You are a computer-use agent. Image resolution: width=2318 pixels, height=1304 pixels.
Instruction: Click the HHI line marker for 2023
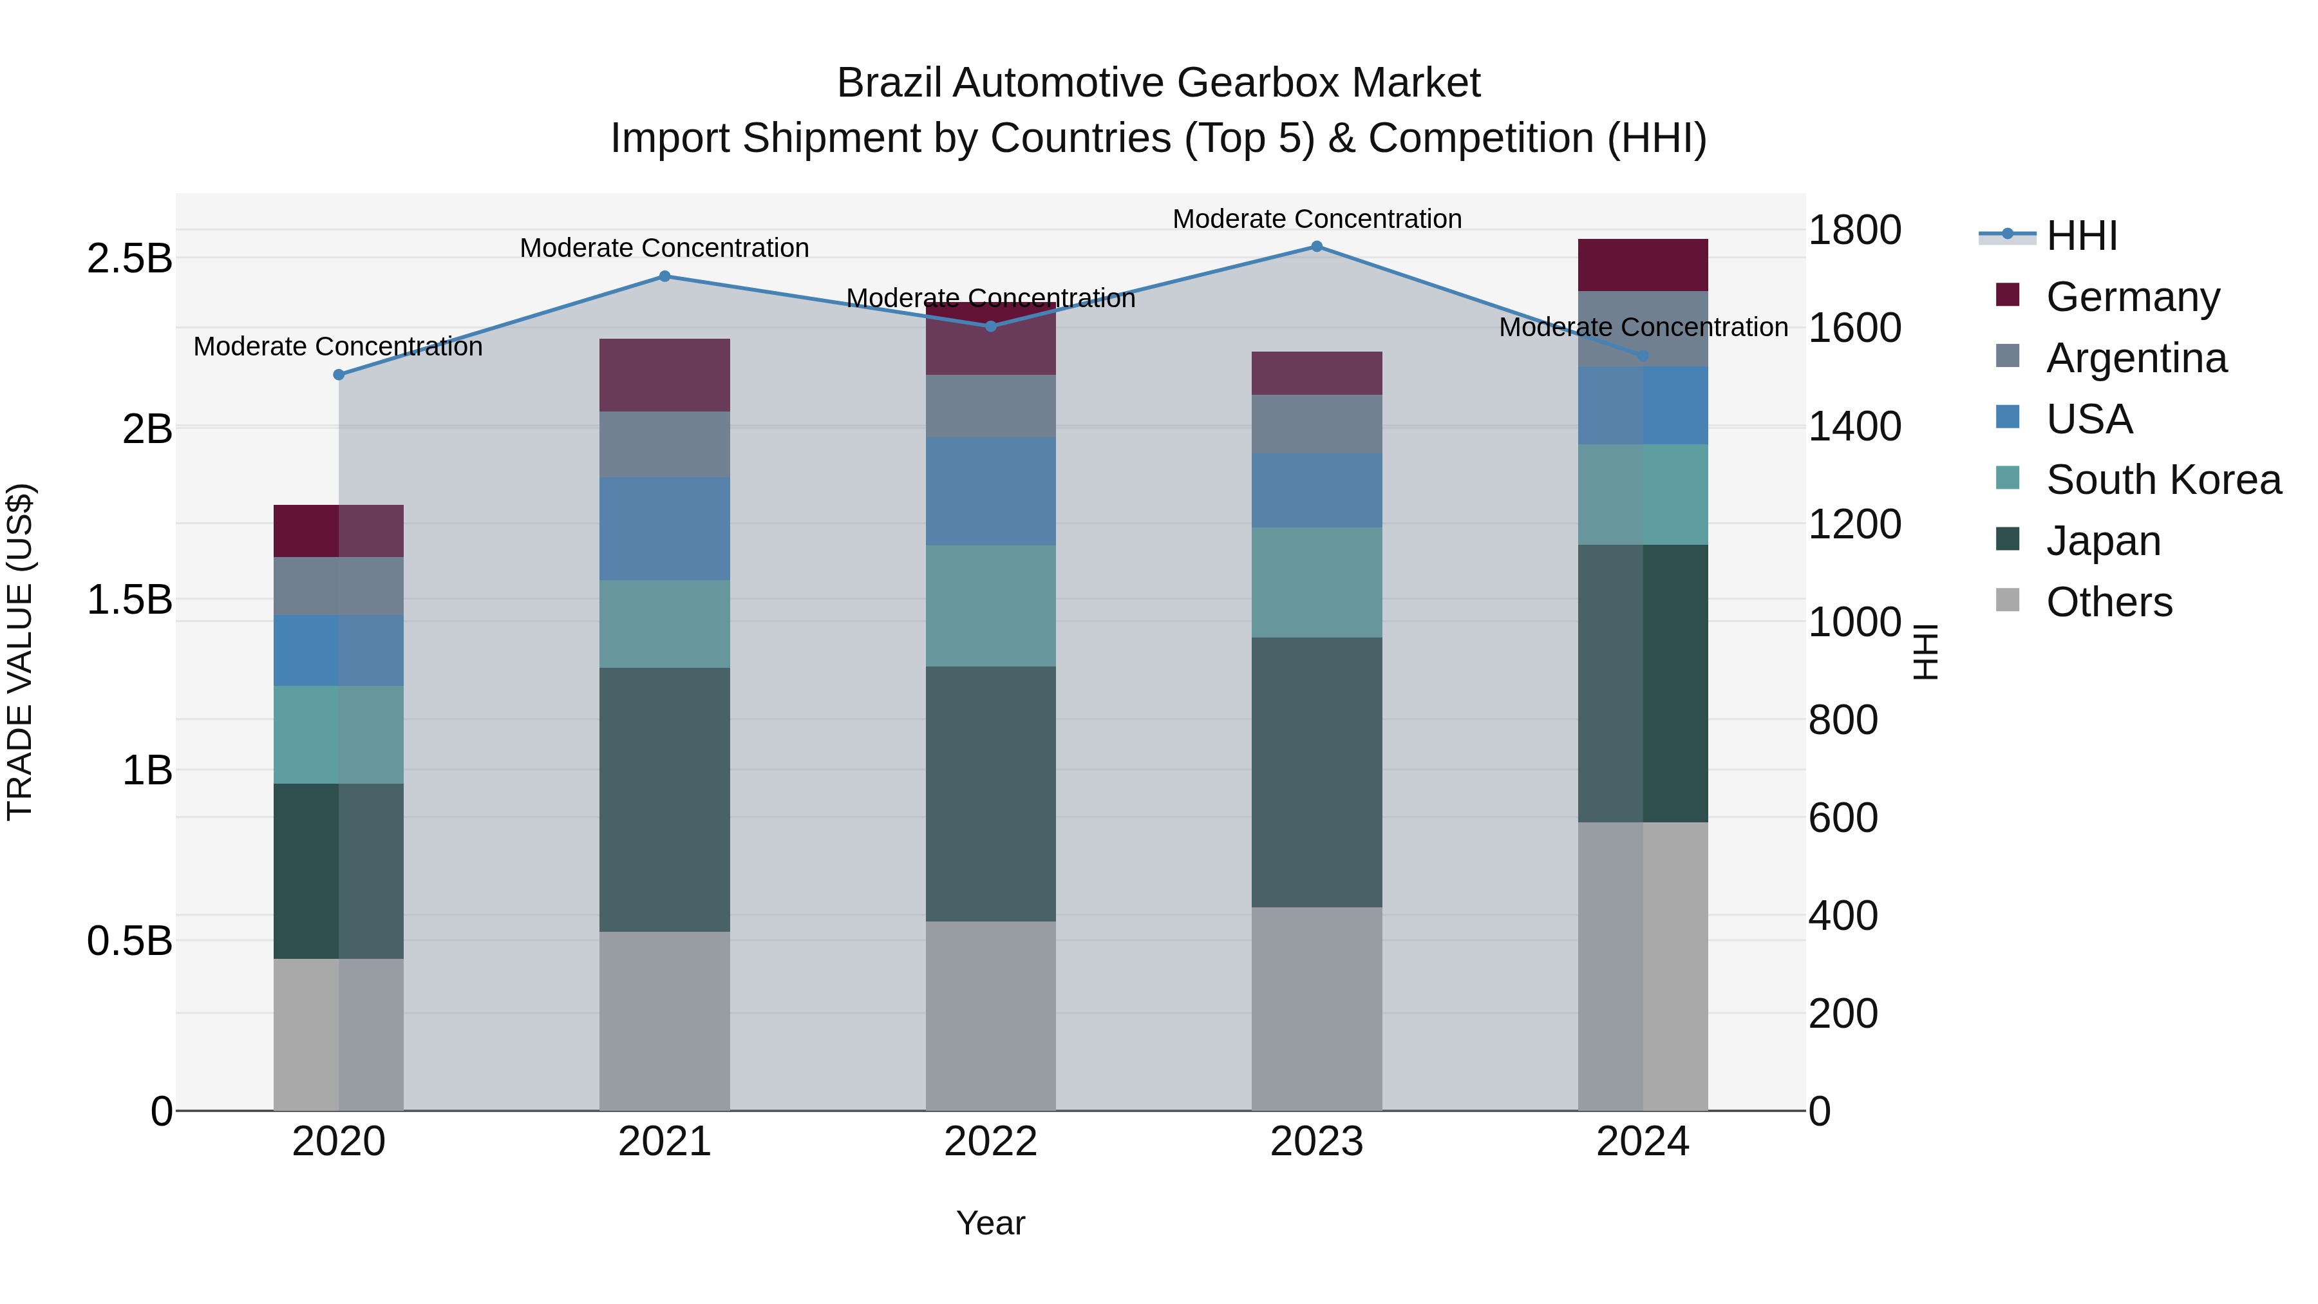click(1317, 246)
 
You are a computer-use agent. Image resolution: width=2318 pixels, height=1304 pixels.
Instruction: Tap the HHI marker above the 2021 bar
click(665, 276)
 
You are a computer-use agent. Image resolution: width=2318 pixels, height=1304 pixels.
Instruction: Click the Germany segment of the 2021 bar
click(665, 375)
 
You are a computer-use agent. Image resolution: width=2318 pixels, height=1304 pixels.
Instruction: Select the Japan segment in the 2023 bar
click(1317, 772)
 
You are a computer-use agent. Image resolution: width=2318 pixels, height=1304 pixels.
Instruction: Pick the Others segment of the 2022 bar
click(991, 1015)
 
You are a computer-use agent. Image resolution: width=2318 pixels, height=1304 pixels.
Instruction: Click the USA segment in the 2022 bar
click(991, 491)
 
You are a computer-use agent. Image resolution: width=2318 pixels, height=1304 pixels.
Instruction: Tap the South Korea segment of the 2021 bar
click(665, 623)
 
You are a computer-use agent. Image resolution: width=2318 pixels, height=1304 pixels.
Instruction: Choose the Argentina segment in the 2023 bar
click(1317, 424)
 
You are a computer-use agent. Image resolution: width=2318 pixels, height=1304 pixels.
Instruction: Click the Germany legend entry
click(2132, 297)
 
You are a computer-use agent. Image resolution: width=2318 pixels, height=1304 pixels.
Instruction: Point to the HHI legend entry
click(2080, 236)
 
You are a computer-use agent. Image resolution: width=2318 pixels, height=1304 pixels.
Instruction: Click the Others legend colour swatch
click(2008, 600)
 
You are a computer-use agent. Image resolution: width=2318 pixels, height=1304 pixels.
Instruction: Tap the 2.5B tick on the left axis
click(129, 259)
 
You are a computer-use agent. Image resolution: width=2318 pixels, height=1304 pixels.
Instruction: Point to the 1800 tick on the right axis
click(1854, 231)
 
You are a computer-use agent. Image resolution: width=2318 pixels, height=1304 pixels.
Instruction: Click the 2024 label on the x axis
click(1642, 1142)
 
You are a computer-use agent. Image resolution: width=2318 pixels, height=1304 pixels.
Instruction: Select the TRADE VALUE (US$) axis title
click(20, 652)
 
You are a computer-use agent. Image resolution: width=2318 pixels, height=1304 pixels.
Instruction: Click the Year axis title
click(991, 1223)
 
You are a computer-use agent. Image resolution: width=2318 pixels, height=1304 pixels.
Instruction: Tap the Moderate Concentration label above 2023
click(1317, 219)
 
